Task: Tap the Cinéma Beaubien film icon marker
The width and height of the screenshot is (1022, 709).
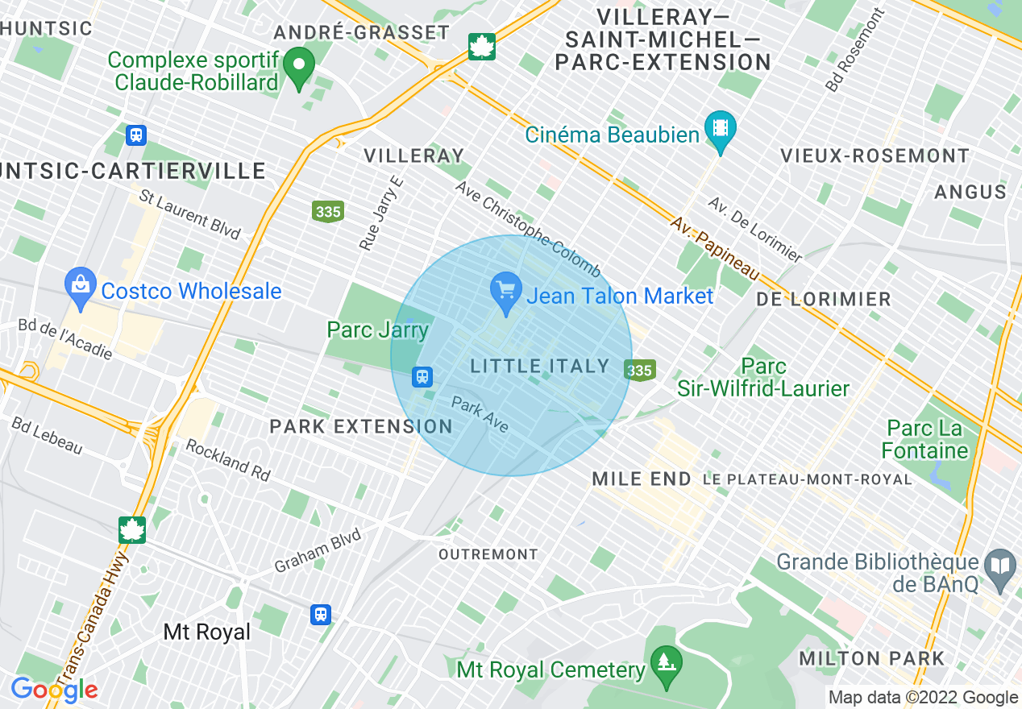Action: tap(720, 128)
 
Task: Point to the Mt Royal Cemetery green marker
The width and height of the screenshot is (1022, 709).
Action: tap(667, 663)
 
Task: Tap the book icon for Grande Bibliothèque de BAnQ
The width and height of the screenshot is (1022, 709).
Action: tap(1001, 564)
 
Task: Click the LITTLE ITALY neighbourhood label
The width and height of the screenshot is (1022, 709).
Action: tap(540, 367)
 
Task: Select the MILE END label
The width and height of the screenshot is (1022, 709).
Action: tap(642, 479)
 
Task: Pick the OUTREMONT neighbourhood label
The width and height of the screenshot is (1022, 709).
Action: tap(488, 554)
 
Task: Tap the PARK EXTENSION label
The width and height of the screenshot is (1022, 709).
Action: tap(361, 426)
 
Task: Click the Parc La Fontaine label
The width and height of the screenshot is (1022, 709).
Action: tap(926, 439)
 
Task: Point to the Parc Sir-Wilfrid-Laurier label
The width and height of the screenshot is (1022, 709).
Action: tap(763, 378)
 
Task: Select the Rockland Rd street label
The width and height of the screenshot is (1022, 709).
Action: tap(228, 460)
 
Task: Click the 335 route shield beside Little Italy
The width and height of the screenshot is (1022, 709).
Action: tap(638, 370)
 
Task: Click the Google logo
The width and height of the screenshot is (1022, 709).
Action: tap(54, 689)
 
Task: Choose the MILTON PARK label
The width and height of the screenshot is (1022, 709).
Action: tap(871, 659)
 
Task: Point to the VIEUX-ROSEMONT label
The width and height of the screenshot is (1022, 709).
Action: tap(875, 155)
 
